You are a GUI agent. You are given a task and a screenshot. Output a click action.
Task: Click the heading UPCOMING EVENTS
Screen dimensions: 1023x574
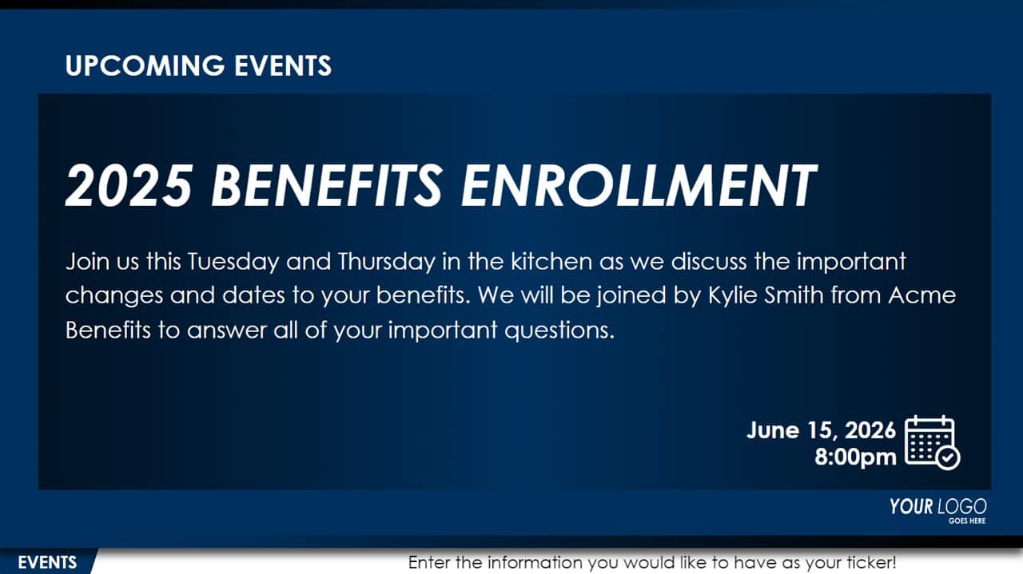pos(198,65)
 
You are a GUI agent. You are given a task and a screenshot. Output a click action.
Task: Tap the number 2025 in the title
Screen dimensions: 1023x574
pos(129,186)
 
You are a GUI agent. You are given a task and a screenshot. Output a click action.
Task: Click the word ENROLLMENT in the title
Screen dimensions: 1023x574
pos(639,186)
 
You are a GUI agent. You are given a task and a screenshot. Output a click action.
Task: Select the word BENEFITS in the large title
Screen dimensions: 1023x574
pos(327,186)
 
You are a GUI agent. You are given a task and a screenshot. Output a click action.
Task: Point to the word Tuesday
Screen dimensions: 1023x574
pos(233,262)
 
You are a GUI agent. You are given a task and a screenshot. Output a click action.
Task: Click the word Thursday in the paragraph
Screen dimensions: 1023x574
pos(387,262)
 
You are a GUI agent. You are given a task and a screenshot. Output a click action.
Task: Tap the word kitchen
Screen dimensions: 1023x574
pos(551,261)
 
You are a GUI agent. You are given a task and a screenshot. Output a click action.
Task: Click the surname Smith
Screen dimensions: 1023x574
pos(794,295)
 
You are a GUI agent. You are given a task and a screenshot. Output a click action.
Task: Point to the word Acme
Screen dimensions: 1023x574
pos(922,295)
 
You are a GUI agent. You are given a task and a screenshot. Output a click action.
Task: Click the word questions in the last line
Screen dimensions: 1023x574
pos(559,331)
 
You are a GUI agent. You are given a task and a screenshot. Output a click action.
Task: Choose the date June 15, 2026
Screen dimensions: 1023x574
pos(821,430)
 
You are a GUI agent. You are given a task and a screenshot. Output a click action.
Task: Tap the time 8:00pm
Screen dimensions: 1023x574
pos(855,457)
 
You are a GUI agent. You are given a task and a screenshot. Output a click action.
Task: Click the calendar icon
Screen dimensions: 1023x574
pos(932,441)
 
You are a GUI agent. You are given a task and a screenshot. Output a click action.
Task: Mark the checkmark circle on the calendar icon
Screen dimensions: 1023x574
pos(948,457)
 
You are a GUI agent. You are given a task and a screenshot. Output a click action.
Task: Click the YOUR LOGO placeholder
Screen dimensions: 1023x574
pos(937,507)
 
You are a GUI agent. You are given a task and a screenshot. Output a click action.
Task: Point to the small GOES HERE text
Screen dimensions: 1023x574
pos(967,521)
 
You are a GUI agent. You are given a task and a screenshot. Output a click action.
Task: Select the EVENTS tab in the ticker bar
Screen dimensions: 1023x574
pos(47,563)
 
